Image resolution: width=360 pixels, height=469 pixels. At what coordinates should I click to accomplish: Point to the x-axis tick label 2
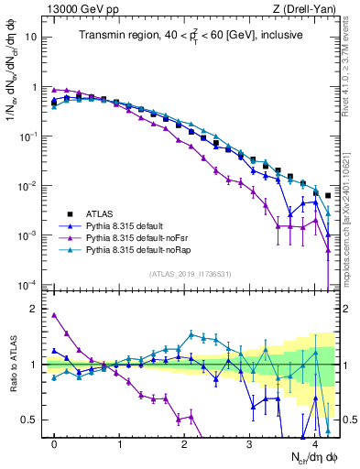(x=185, y=442)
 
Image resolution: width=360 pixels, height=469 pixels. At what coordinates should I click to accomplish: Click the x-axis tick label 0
(x=54, y=442)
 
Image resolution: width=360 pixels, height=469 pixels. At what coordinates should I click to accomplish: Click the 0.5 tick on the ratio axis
(x=31, y=420)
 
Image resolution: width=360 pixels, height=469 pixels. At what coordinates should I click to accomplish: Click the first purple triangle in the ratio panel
(x=54, y=315)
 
